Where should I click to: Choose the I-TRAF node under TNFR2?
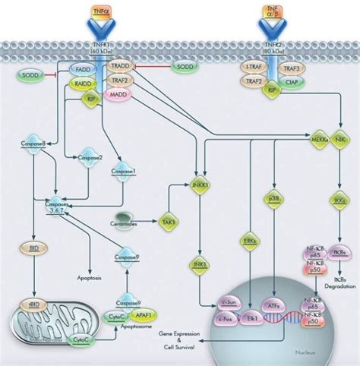click(255, 68)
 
